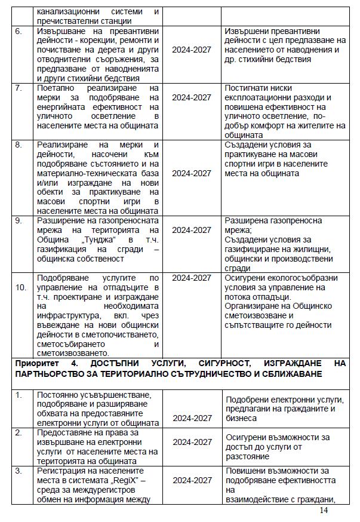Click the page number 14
pyautogui.click(x=324, y=510)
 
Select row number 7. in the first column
pyautogui.click(x=18, y=88)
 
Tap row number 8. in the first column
pyautogui.click(x=18, y=145)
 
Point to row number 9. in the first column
pyautogui.click(x=18, y=220)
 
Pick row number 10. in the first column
pyautogui.click(x=21, y=287)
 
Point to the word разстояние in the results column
pyautogui.click(x=247, y=456)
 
